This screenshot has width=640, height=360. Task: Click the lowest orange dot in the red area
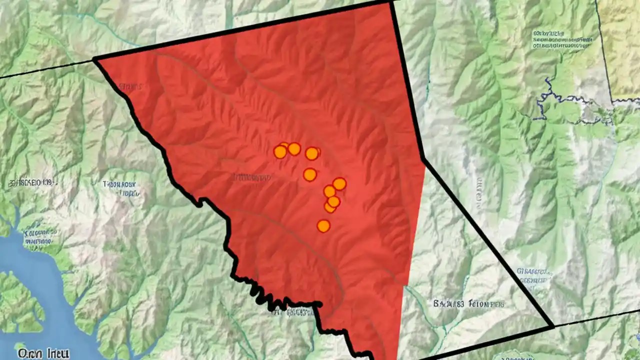pos(323,226)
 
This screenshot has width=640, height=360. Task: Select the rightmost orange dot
pos(339,184)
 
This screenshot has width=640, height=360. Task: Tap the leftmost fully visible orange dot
pos(280,152)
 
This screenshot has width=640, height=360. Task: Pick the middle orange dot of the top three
pos(294,149)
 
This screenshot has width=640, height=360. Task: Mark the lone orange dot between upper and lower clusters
pos(310,174)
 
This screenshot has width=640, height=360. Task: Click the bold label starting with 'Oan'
pos(43,353)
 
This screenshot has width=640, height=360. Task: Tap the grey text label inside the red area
pos(252,177)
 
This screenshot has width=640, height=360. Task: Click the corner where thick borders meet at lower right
pos(552,326)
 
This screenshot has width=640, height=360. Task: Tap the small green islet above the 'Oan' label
pos(20,345)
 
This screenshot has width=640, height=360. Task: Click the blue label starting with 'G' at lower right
pos(535,275)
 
